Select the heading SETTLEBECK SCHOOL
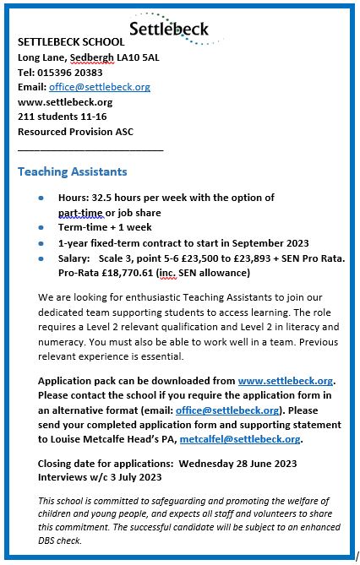point(71,41)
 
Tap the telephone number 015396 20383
point(72,72)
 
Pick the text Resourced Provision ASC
point(75,133)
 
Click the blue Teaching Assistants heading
point(73,171)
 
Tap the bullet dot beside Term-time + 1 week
point(42,227)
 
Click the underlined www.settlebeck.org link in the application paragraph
point(286,381)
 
